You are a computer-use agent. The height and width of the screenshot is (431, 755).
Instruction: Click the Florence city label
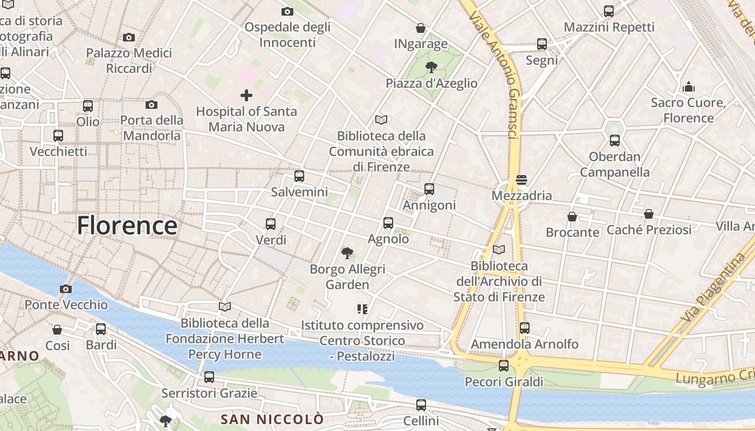pos(127,225)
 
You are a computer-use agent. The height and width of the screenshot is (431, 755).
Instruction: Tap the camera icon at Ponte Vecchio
pos(66,289)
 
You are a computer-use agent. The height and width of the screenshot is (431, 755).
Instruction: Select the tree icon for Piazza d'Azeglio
pos(431,67)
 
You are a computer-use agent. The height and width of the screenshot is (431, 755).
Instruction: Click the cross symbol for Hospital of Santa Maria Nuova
pos(246,96)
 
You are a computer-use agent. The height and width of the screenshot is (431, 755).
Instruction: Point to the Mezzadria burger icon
pos(521,179)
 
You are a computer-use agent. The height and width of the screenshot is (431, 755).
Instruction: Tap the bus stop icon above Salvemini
pos(299,176)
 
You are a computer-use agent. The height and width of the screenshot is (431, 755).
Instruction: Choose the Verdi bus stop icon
pos(271,224)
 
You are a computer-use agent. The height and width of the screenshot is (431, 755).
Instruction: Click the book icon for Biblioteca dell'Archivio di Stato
pos(499,249)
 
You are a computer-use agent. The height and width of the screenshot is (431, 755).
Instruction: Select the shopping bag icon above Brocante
pos(572,217)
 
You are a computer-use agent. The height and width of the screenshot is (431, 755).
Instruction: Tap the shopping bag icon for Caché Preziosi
pos(649,214)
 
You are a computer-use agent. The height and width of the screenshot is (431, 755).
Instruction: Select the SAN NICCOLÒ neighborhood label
pos(272,419)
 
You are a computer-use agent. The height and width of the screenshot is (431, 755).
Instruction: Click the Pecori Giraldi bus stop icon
pos(503,366)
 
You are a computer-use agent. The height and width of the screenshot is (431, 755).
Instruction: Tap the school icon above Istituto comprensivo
pos(362,309)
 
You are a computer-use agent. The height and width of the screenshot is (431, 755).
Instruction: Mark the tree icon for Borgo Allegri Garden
pos(347,252)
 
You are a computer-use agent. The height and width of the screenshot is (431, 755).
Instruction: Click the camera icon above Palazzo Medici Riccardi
pos(128,37)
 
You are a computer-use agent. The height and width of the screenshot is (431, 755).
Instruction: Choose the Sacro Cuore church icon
pos(688,86)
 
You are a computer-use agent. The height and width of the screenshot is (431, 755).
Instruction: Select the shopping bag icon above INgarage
pos(421,27)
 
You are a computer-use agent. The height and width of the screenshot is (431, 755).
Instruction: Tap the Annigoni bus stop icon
pos(429,189)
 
